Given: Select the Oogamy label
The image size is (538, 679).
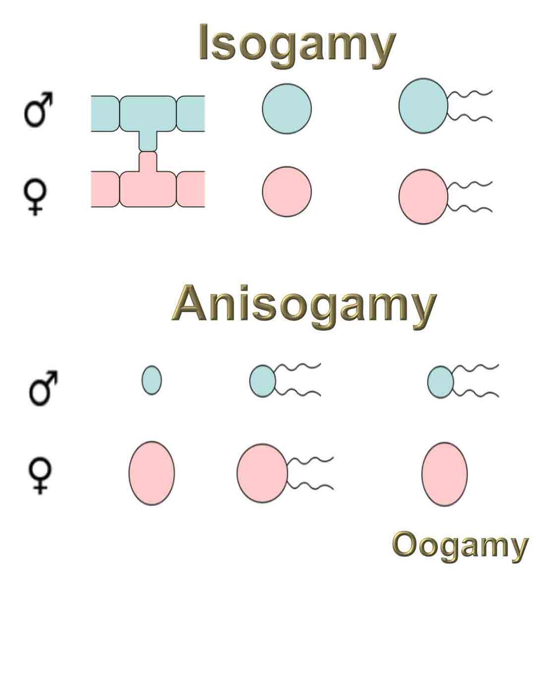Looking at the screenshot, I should [459, 545].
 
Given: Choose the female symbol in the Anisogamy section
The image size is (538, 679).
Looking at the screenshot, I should [39, 474].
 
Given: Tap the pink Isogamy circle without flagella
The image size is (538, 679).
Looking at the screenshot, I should [287, 191].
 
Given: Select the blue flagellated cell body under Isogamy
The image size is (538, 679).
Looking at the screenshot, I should [423, 106].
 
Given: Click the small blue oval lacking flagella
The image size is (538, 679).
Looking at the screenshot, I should [151, 380].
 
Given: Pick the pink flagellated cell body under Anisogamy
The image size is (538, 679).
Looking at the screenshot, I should [262, 473].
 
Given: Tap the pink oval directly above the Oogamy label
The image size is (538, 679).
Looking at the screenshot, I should [444, 474].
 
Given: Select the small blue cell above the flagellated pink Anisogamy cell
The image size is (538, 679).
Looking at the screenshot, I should [262, 381].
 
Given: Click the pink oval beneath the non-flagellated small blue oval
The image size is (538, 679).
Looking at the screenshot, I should [151, 473].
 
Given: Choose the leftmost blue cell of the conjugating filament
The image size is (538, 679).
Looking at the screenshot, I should [105, 113].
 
